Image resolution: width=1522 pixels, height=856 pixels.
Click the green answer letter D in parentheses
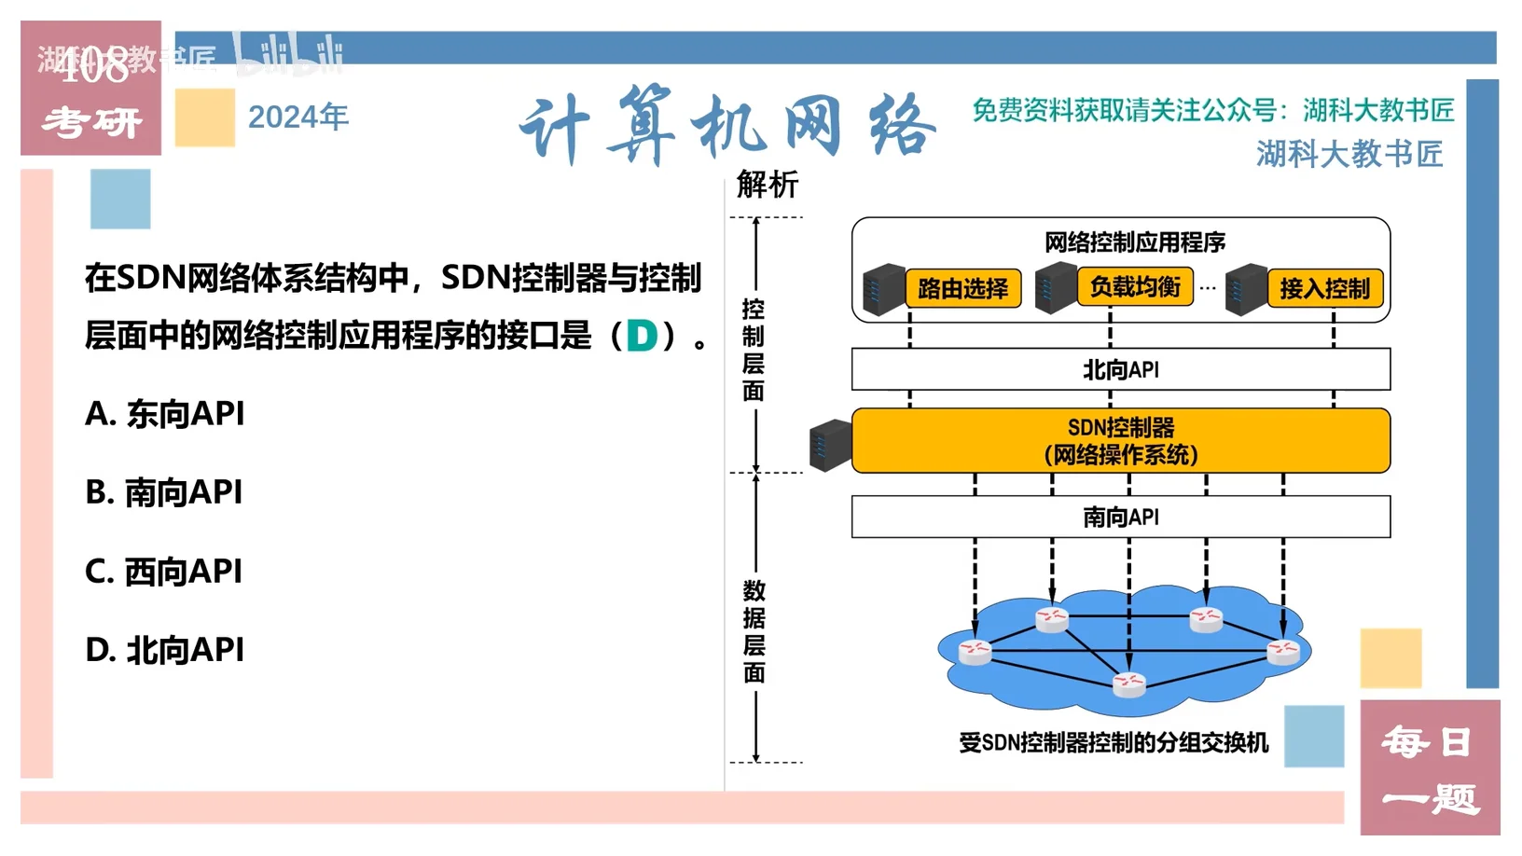(x=642, y=335)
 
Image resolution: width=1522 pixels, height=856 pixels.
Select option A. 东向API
(x=164, y=413)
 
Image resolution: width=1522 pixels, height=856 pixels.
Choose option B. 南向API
(x=163, y=491)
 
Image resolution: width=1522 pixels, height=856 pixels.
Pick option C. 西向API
(x=163, y=571)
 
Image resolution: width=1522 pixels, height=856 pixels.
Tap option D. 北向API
(x=164, y=649)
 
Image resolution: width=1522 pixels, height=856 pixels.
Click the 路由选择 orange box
(x=962, y=288)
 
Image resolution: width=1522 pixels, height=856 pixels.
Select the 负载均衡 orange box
(x=1135, y=286)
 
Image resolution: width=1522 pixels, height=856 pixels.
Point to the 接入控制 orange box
(x=1324, y=288)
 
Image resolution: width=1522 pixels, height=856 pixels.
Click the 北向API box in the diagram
(x=1120, y=369)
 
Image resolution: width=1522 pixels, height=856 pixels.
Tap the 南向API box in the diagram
(x=1120, y=517)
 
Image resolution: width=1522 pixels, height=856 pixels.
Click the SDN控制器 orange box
(x=1120, y=440)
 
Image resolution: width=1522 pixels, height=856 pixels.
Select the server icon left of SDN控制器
(x=829, y=445)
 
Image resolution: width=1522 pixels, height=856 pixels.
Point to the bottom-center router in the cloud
(x=1128, y=683)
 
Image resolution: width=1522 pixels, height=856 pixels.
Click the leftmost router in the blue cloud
(x=975, y=650)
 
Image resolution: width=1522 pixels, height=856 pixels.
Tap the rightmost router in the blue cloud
(x=1283, y=650)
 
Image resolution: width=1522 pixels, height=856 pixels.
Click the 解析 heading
(x=767, y=185)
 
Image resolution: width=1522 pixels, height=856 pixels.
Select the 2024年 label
(x=298, y=117)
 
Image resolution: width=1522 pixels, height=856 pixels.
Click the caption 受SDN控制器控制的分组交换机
(x=1114, y=742)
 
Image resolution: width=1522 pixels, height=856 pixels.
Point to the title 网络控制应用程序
(x=1134, y=242)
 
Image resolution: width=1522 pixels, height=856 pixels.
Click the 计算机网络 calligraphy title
(x=727, y=127)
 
